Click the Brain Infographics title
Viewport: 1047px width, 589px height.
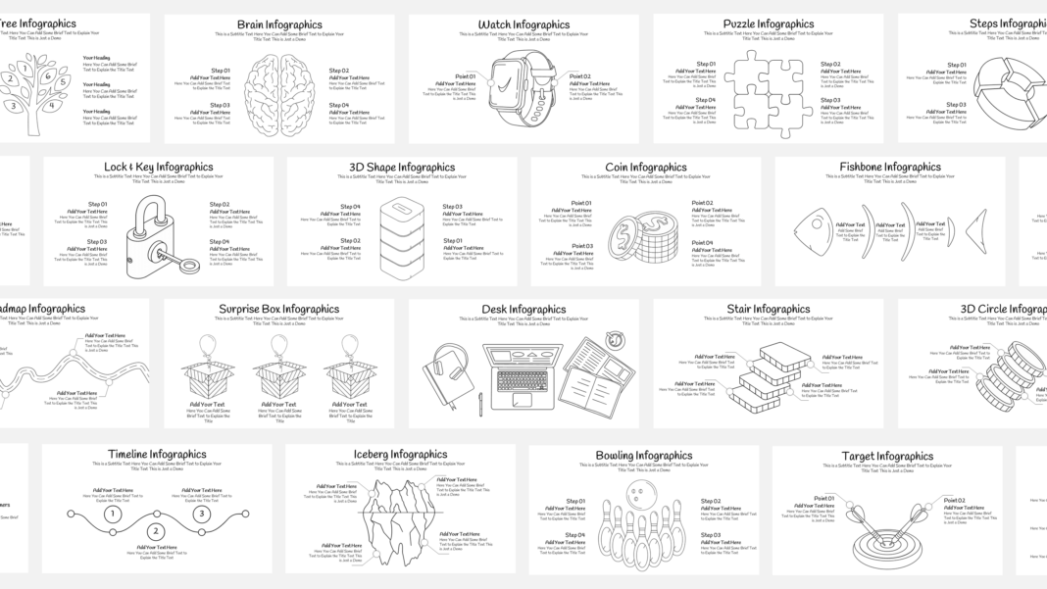278,25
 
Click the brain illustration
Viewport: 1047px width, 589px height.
278,89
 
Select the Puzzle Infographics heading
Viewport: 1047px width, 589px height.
769,25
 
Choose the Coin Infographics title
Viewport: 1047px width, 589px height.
645,168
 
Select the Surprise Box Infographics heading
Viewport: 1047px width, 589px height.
278,310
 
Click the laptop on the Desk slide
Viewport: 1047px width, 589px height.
523,373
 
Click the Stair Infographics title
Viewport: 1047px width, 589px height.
769,310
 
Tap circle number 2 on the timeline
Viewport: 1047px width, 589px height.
156,531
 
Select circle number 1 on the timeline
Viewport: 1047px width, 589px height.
113,514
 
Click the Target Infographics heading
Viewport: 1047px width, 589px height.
887,457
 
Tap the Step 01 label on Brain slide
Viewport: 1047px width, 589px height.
221,71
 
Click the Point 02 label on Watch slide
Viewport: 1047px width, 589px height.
580,76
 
